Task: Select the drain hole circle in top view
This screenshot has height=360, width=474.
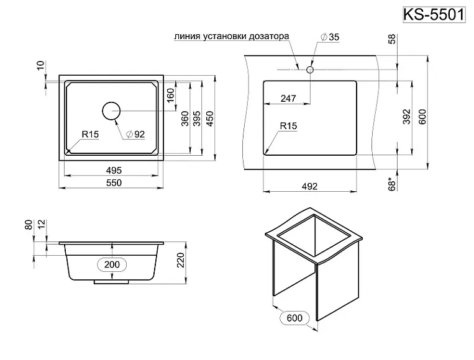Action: (111, 111)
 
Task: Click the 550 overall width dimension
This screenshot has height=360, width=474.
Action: (112, 182)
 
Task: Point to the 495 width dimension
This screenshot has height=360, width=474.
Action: (112, 169)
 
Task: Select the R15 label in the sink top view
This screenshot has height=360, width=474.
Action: (90, 134)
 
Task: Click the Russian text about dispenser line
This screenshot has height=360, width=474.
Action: (232, 36)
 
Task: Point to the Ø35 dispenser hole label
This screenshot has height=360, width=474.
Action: (330, 38)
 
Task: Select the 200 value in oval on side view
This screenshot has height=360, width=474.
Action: (112, 264)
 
